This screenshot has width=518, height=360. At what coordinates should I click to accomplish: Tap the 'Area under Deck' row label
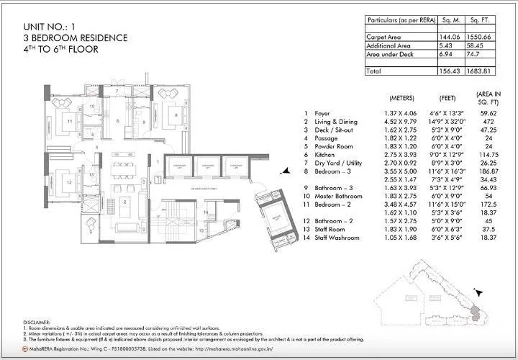(x=389, y=54)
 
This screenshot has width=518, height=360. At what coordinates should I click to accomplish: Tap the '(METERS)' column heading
(x=401, y=97)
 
